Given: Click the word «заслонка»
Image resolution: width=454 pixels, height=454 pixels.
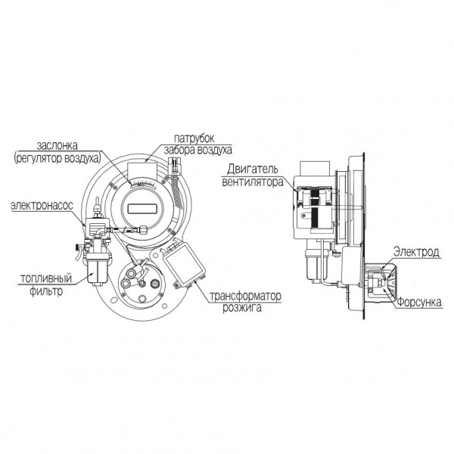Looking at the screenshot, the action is pyautogui.click(x=57, y=145).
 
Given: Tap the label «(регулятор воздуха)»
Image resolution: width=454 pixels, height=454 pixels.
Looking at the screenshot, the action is pyautogui.click(x=58, y=158).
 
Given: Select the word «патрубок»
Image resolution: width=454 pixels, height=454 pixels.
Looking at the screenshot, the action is pyautogui.click(x=194, y=138).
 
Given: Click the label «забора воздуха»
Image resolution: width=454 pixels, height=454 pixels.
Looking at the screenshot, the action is pyautogui.click(x=198, y=151).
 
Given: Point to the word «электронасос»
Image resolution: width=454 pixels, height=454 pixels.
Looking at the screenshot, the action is pyautogui.click(x=42, y=206).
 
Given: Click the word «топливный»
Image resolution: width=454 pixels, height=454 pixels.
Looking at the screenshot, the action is pyautogui.click(x=46, y=278).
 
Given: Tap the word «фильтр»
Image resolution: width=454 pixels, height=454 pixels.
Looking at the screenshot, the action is pyautogui.click(x=46, y=291).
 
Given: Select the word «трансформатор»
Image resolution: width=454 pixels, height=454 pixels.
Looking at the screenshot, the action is pyautogui.click(x=245, y=296).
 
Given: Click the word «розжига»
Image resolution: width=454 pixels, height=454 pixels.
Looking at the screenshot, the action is pyautogui.click(x=242, y=307).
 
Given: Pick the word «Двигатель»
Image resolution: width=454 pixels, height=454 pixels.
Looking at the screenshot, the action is pyautogui.click(x=252, y=169).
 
